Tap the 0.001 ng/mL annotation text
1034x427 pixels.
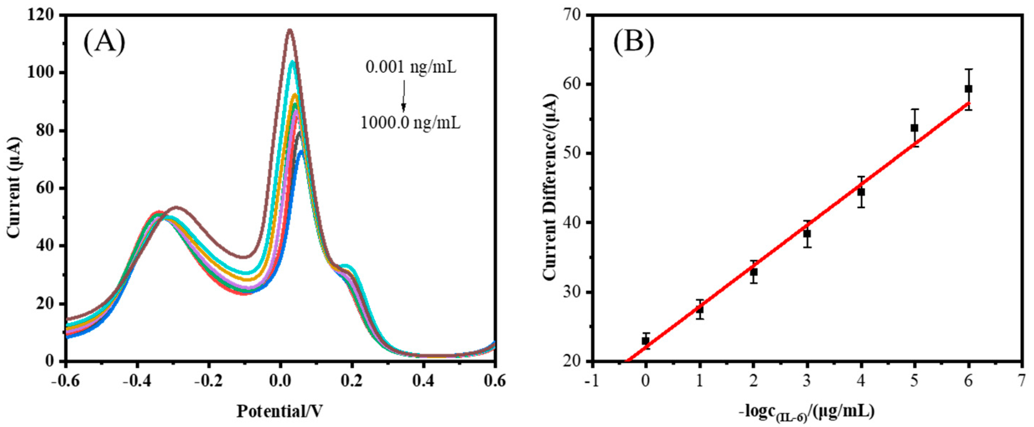pos(411,67)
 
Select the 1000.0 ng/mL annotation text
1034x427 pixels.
pos(410,123)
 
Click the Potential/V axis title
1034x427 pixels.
pos(280,411)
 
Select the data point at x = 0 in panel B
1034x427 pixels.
pos(645,340)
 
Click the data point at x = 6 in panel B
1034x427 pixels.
pos(968,89)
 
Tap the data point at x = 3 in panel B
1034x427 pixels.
pos(807,234)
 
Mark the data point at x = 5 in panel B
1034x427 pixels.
pos(914,128)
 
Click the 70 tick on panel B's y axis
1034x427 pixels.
pos(573,15)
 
